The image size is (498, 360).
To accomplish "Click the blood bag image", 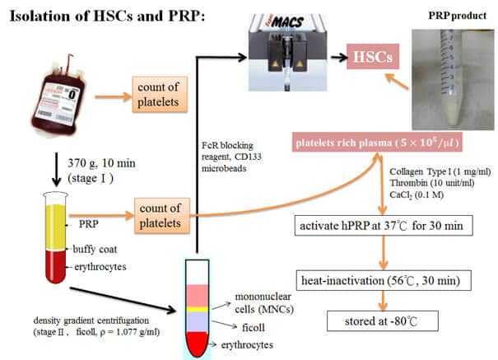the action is click(x=59, y=96).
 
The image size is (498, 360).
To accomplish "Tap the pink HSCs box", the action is click(x=373, y=57).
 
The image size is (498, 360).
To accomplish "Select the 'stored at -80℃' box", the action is click(x=383, y=321).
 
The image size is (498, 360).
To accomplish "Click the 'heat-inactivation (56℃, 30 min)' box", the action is click(x=384, y=280).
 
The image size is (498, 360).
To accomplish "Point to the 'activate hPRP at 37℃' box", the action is click(x=384, y=225).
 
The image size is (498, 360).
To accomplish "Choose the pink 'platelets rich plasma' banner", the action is click(x=377, y=142).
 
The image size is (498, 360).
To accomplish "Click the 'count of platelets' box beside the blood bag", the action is click(x=160, y=95).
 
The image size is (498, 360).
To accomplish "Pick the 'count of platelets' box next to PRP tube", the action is click(x=161, y=216).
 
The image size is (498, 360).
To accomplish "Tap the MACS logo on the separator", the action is click(x=287, y=22).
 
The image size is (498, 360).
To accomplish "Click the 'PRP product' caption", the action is click(x=457, y=16).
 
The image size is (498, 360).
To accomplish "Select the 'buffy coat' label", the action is click(x=95, y=249).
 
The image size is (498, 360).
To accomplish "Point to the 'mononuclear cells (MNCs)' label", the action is click(x=264, y=303).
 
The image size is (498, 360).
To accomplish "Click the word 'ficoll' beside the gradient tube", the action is click(x=254, y=327).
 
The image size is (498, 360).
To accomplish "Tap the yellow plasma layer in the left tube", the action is click(x=55, y=227).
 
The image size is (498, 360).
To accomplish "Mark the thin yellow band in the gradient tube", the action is click(x=198, y=309).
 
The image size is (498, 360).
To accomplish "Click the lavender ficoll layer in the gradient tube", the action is click(x=198, y=322).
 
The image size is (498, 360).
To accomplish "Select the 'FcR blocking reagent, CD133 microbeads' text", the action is click(x=231, y=157).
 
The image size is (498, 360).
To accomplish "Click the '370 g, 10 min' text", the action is click(x=101, y=163).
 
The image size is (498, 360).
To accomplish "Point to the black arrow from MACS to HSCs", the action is click(x=339, y=58).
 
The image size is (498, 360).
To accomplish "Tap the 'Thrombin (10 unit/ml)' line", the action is click(x=432, y=183).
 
